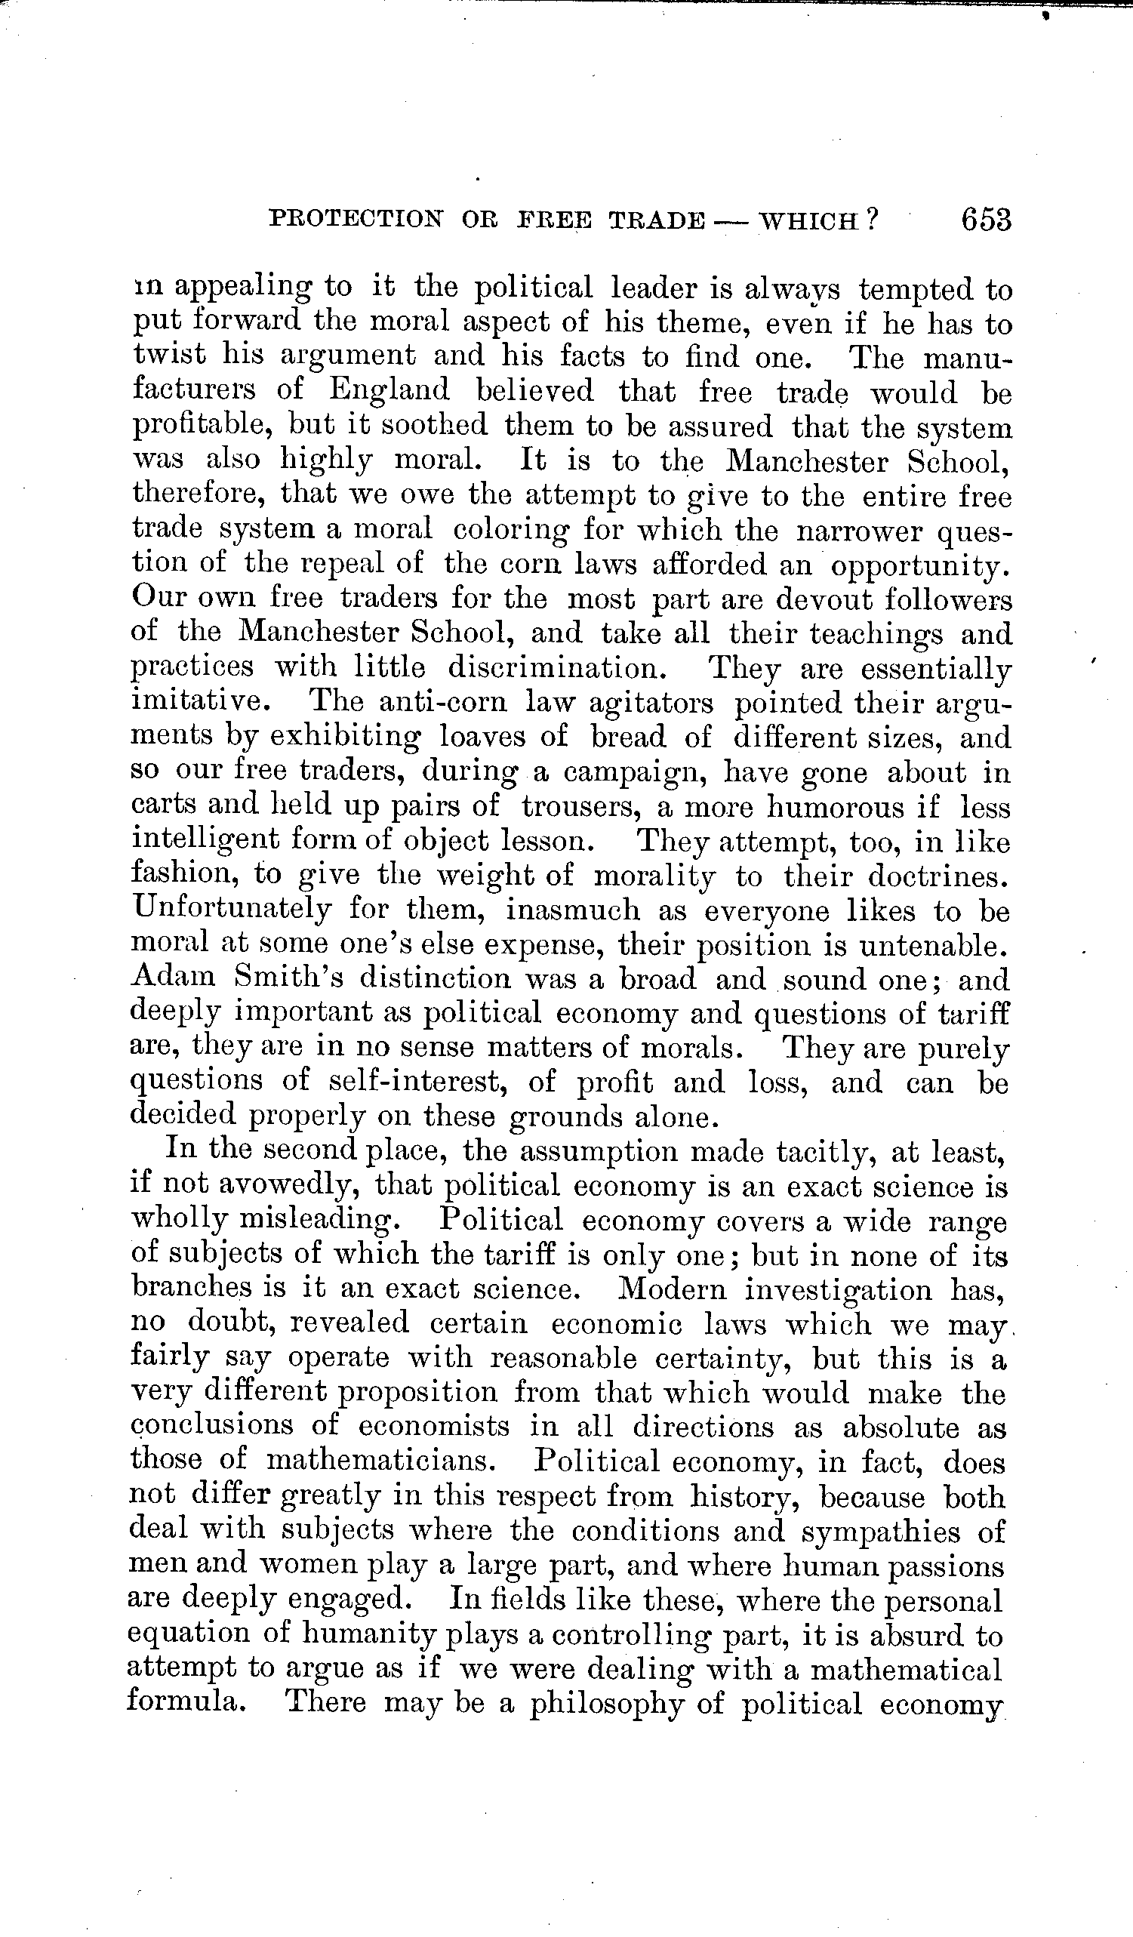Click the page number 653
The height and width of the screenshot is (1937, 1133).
984,220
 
